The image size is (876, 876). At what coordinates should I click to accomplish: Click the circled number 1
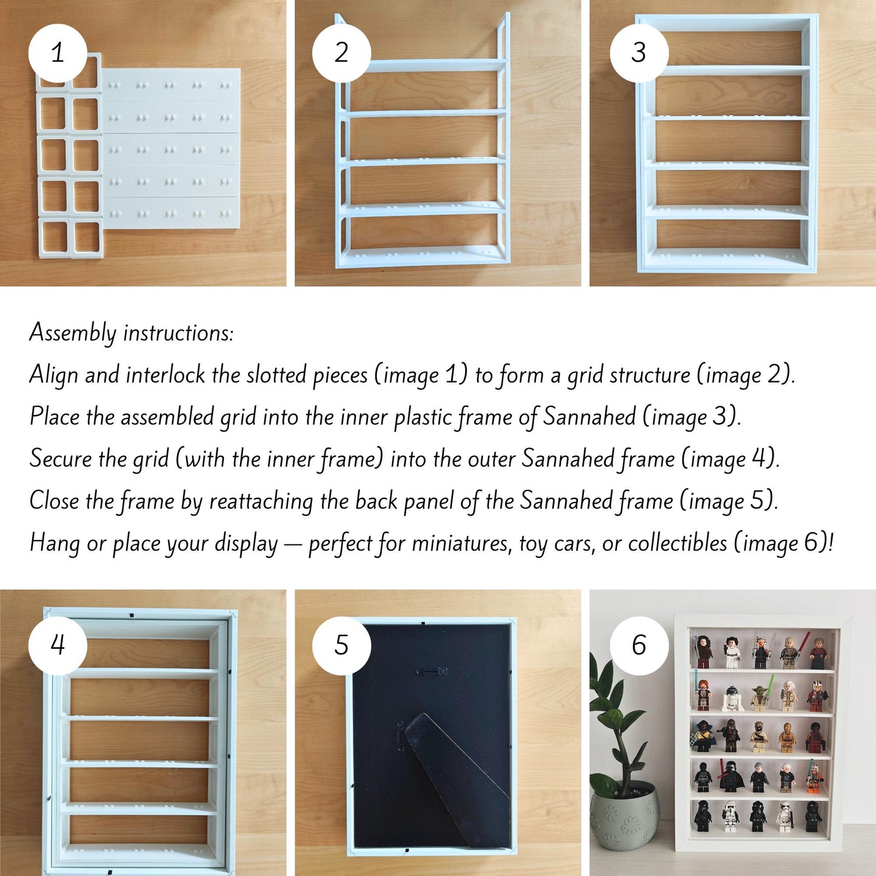[x=58, y=53]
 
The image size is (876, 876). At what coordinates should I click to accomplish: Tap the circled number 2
[x=341, y=53]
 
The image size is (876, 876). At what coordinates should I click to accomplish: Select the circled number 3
[x=639, y=53]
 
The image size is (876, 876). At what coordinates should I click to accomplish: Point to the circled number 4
[x=58, y=645]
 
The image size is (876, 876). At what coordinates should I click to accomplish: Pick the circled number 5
[x=341, y=645]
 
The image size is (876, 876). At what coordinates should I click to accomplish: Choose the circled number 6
[x=639, y=645]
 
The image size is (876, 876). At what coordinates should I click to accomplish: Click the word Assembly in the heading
[x=73, y=333]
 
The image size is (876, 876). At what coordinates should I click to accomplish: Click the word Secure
[x=61, y=459]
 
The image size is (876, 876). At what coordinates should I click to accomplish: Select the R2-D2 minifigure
[x=732, y=699]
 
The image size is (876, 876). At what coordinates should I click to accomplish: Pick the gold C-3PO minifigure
[x=787, y=739]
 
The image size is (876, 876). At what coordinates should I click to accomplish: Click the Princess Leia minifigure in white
[x=732, y=653]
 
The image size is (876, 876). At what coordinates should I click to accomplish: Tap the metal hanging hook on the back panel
[x=432, y=672]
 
